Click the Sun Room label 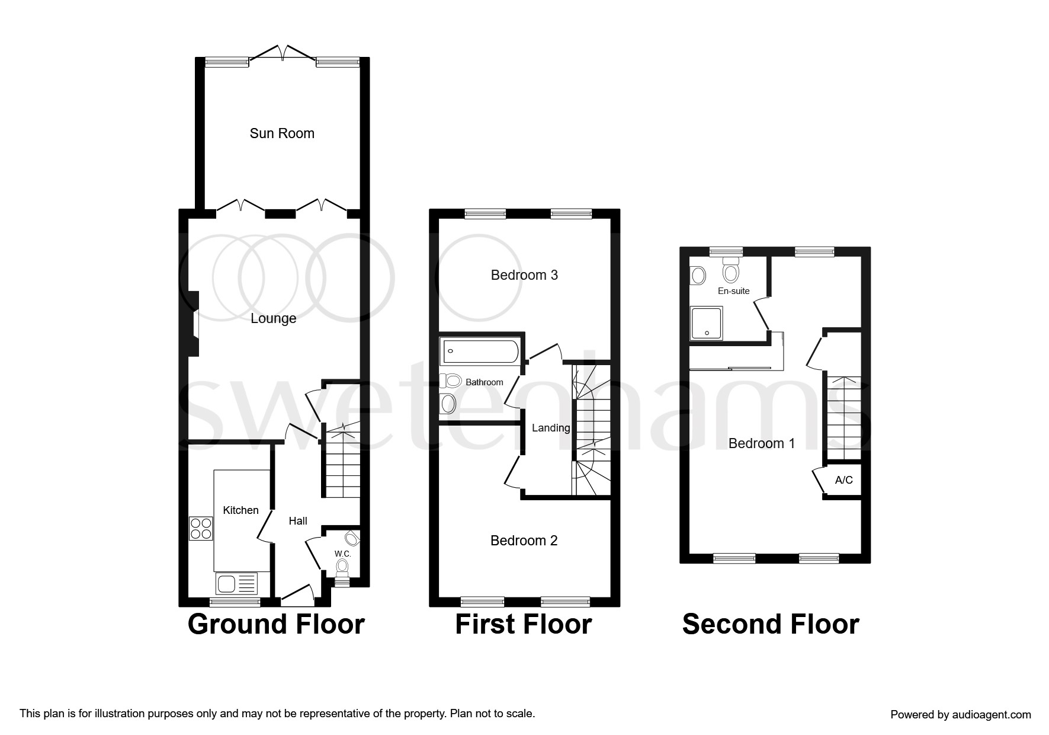click(282, 133)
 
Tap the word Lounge click(273, 319)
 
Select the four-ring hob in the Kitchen click(201, 528)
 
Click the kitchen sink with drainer click(237, 584)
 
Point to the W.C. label click(342, 554)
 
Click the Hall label click(298, 521)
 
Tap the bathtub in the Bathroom click(480, 351)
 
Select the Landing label click(551, 428)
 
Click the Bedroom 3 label click(524, 275)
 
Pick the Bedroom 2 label click(524, 541)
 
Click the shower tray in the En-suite click(706, 324)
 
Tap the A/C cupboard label click(843, 480)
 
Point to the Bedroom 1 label click(761, 443)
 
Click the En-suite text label click(733, 291)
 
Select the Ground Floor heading click(276, 624)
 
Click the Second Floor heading click(770, 624)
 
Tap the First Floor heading click(523, 624)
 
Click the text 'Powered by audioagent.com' click(960, 715)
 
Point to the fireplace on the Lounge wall click(193, 324)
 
